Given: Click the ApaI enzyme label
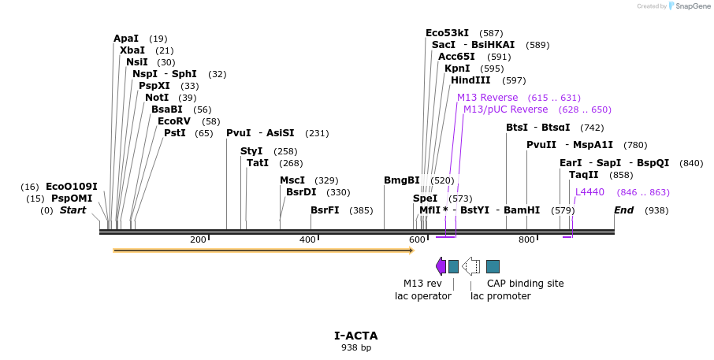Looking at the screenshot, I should tap(126, 39).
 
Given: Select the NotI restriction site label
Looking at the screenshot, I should tap(157, 98).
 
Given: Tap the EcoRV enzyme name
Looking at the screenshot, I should tap(174, 121).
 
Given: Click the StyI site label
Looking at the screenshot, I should tap(251, 151).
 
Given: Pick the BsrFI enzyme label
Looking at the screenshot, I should tap(325, 210).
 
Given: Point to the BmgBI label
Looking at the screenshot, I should tap(402, 180).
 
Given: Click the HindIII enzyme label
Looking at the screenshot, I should tap(470, 80).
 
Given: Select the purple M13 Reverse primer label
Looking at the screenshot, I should tap(488, 98).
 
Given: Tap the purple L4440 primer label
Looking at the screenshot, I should tap(590, 192).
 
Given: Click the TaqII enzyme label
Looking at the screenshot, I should tap(584, 175).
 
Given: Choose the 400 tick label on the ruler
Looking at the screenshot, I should tap(307, 239).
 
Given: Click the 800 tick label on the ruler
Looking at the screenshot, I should tap(526, 239).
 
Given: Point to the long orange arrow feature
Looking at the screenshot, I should tap(263, 251).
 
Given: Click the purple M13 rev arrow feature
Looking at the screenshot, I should tap(441, 266).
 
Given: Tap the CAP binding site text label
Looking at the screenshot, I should tap(525, 284).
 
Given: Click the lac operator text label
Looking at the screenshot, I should tap(423, 296).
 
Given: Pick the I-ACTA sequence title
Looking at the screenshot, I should tap(356, 336).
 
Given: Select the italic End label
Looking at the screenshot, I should tap(623, 210).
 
